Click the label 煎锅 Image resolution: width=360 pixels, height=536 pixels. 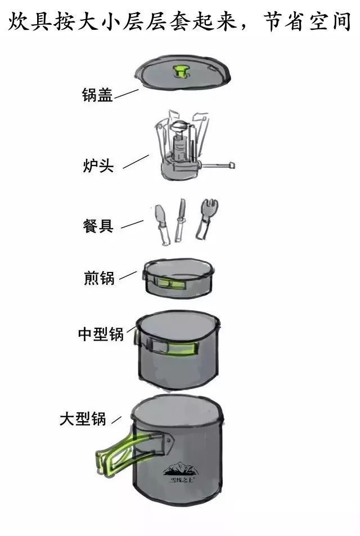tap(99, 278)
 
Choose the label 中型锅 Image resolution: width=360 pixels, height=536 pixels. tap(101, 333)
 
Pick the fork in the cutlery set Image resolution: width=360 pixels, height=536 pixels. tap(203, 220)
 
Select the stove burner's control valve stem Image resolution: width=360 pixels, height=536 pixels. tap(216, 166)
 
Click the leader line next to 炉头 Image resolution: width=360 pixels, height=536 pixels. tap(136, 162)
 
